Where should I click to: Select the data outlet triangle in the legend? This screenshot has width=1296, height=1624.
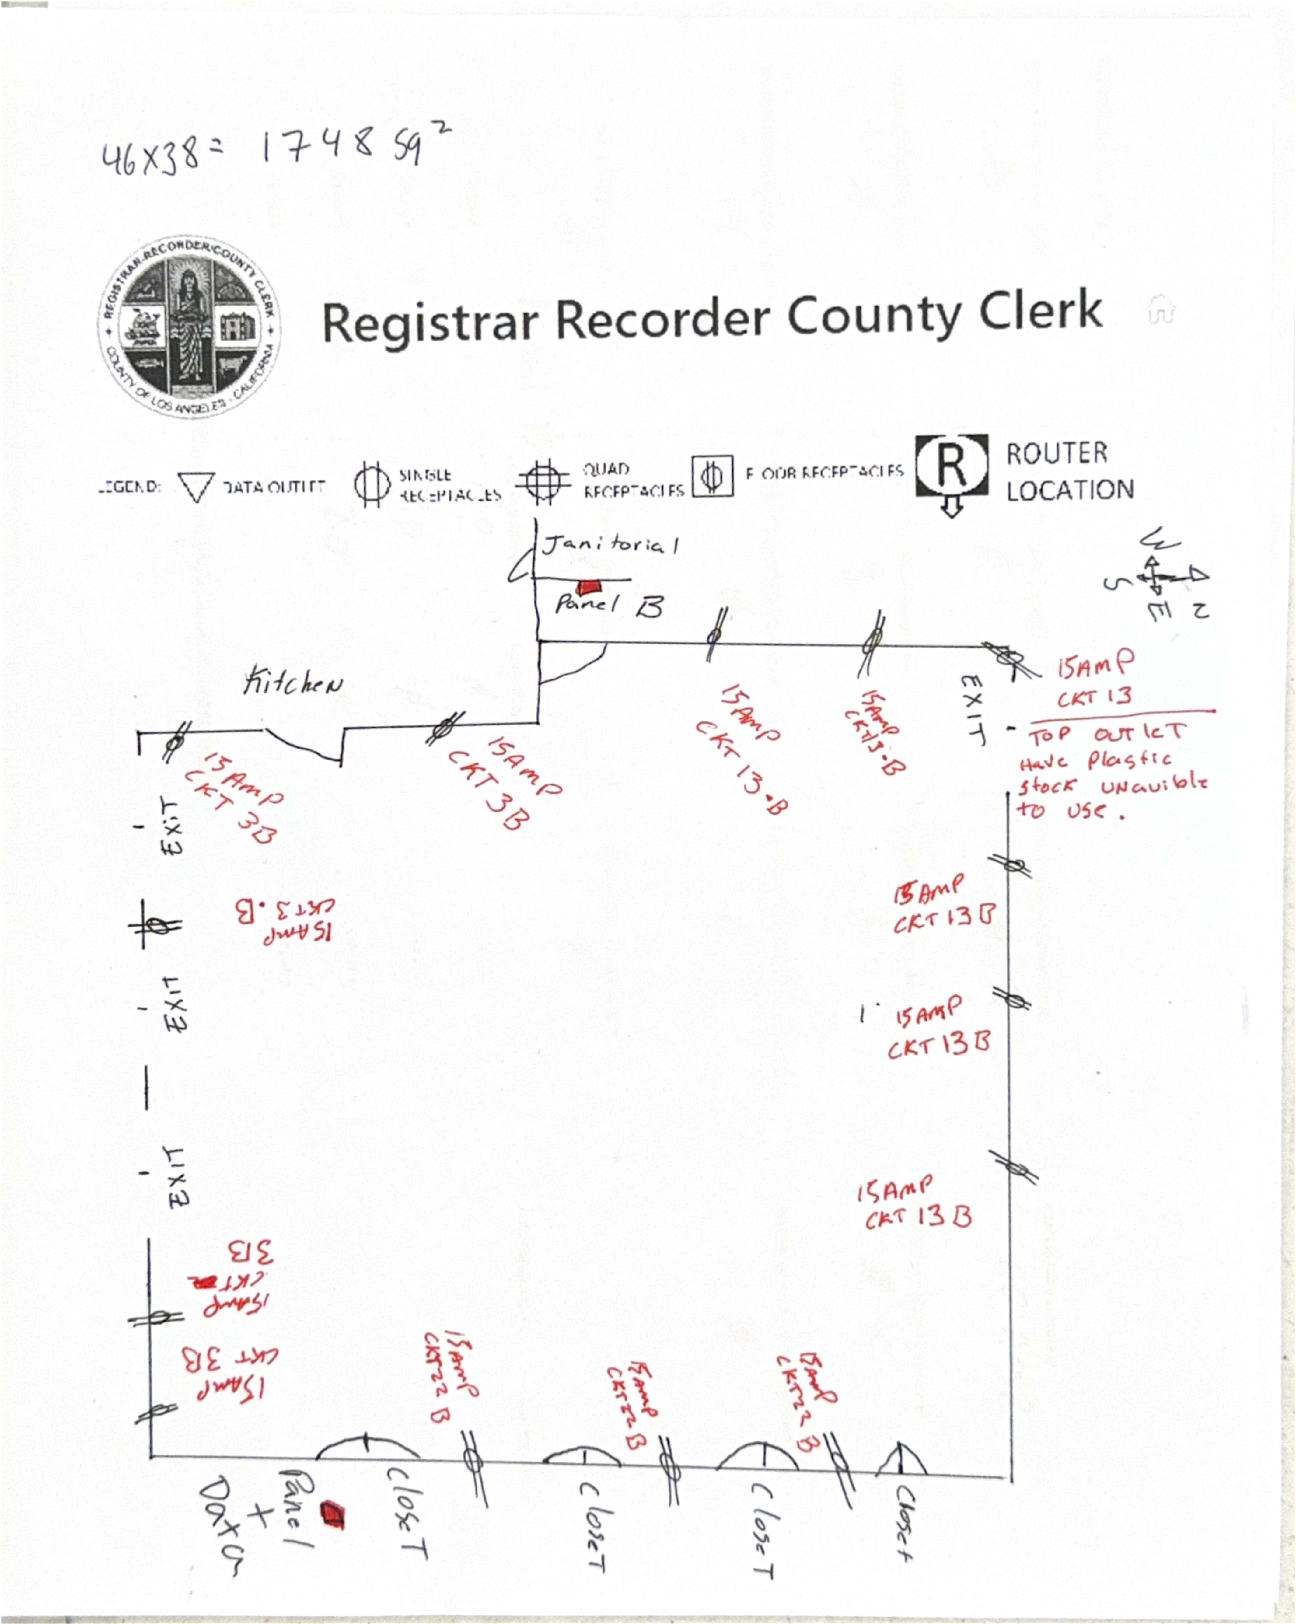[x=196, y=487]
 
